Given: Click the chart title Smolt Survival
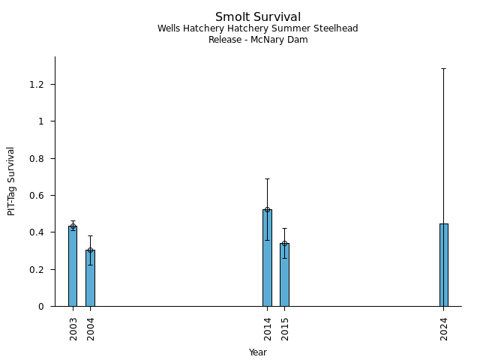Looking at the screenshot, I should (258, 17).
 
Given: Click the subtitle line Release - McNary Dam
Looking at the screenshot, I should (258, 40).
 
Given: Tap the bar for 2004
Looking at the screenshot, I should (90, 278).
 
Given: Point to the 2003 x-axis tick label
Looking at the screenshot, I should (73, 328).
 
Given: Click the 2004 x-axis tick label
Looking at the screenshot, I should (91, 328).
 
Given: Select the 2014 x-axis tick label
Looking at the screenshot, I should (268, 328).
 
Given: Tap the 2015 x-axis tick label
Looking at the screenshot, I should (285, 328).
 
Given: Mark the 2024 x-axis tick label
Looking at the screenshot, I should (445, 328).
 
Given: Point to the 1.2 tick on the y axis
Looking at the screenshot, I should (37, 84).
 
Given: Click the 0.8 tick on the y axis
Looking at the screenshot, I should (37, 158).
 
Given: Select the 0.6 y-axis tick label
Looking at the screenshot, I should (37, 195).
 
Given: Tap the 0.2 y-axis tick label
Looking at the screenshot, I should (37, 269).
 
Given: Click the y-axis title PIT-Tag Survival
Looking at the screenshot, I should (11, 181).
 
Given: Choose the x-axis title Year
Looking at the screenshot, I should (258, 352).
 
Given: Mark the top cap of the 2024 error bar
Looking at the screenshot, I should (444, 68).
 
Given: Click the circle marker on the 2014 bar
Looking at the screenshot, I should (267, 210).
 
